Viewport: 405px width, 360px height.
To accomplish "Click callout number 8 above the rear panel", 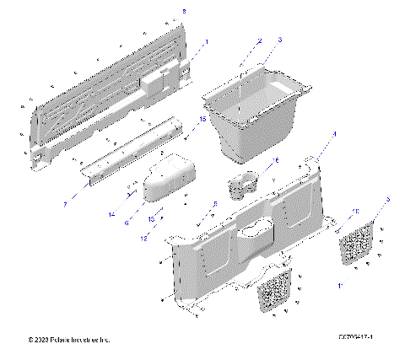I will pos(184,10).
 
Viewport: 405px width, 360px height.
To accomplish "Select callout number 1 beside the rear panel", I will pos(207,40).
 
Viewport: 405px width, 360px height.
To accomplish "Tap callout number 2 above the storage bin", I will pos(259,40).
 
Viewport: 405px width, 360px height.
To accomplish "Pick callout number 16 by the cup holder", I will pos(275,159).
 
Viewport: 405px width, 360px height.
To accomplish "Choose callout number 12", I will pos(143,239).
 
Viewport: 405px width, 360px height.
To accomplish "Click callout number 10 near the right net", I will pos(356,211).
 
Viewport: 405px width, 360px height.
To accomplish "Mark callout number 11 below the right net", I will pos(340,286).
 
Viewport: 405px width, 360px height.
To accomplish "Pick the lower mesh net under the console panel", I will pos(276,291).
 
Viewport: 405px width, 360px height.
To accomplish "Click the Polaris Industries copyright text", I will pos(68,339).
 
